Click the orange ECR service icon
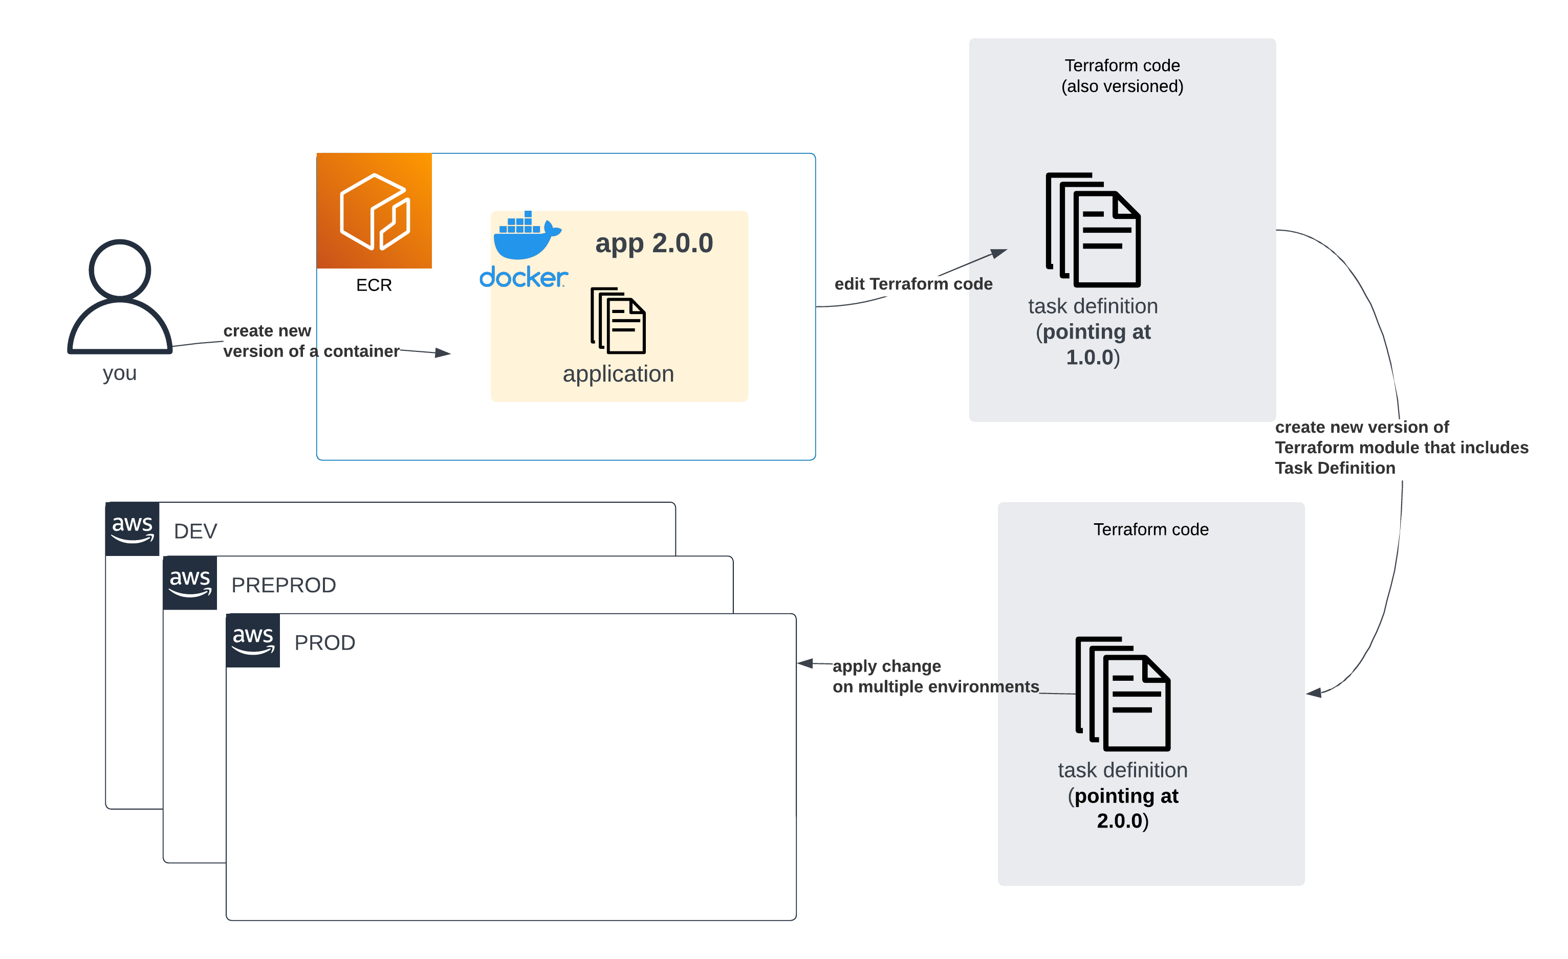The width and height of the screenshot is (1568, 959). coord(374,211)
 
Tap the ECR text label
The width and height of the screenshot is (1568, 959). coord(374,285)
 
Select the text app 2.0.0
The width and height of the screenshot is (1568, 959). coord(654,243)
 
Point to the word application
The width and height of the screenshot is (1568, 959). coord(618,374)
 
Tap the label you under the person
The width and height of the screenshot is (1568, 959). coord(120,373)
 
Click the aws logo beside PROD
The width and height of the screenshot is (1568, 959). coord(253,640)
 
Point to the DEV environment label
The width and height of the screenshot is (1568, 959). coord(195,531)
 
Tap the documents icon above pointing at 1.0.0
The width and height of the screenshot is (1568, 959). coord(1093,230)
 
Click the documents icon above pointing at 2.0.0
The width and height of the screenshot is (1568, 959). coord(1123,694)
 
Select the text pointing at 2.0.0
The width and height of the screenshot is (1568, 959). coord(1123,808)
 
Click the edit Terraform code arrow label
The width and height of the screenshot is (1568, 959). coord(913,284)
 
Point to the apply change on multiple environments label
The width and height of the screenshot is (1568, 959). coord(935,677)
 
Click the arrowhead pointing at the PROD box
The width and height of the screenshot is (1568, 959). coord(805,663)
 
